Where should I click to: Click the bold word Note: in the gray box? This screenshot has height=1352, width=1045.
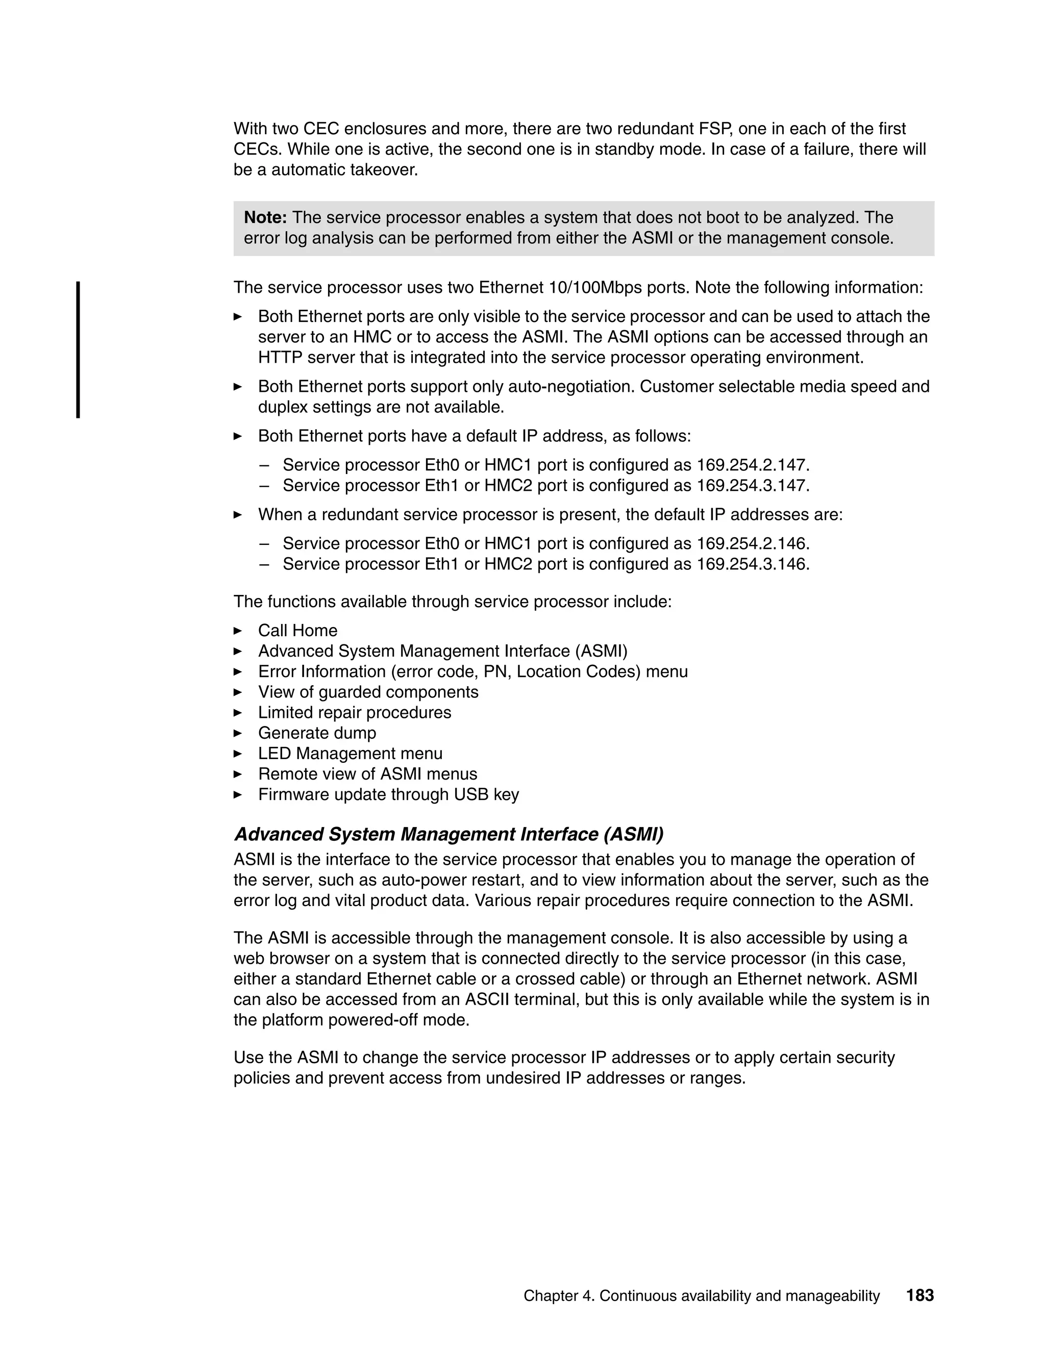tap(265, 218)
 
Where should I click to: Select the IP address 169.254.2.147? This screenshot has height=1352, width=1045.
tap(752, 465)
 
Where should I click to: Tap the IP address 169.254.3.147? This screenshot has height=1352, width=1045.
tap(752, 485)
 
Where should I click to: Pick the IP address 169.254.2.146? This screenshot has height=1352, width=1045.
tap(752, 543)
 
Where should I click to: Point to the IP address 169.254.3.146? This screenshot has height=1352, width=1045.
tap(752, 564)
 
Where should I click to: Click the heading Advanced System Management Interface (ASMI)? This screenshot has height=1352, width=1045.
tap(448, 835)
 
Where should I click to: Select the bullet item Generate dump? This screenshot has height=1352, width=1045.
tap(317, 733)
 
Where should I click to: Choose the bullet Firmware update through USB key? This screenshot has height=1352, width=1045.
tap(388, 794)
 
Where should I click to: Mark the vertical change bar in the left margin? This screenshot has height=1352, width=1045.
tap(78, 350)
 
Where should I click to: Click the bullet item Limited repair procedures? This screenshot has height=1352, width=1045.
tap(354, 713)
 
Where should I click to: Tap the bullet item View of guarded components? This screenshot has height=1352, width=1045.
tap(368, 692)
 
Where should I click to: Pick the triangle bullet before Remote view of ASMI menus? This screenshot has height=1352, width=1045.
tap(238, 774)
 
